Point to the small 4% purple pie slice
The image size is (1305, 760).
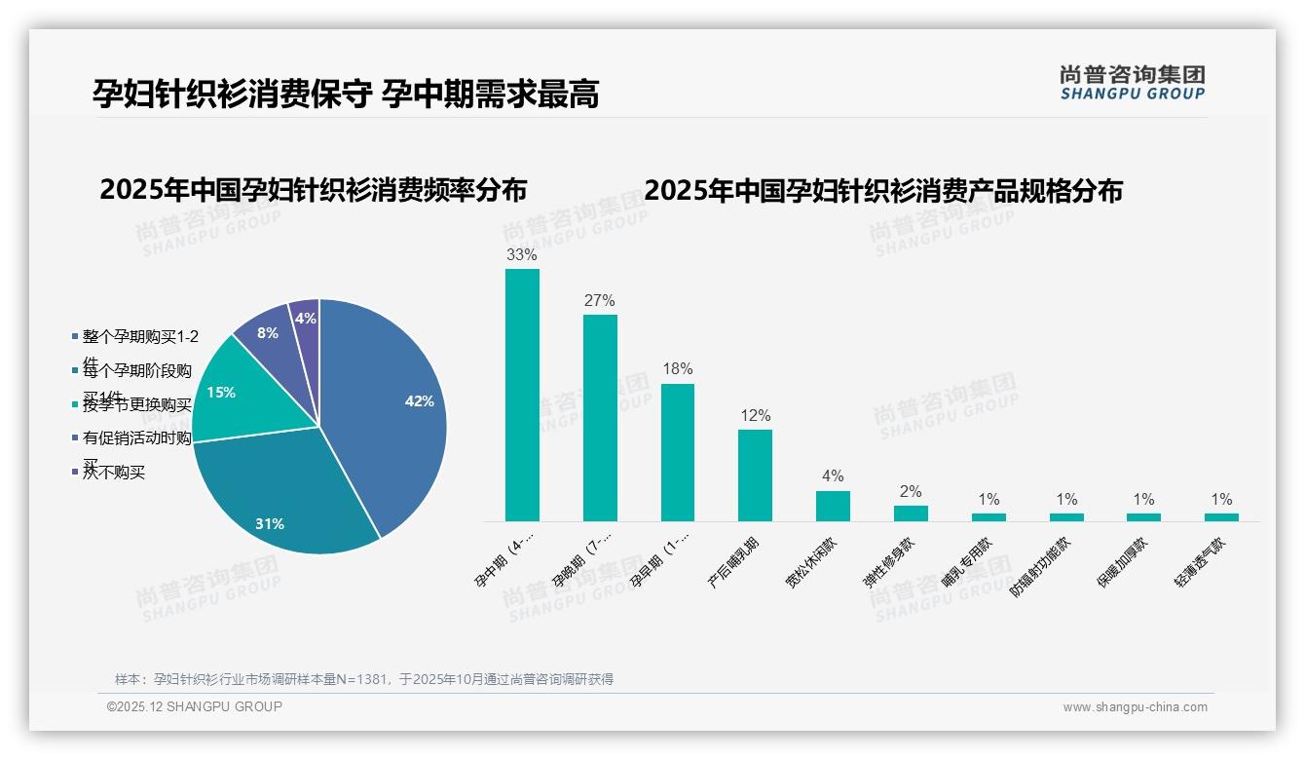click(x=306, y=320)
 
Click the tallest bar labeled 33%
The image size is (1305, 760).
click(x=522, y=395)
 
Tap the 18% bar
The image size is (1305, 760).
click(x=678, y=452)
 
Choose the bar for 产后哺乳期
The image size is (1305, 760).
click(x=755, y=475)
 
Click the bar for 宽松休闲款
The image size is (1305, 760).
click(x=833, y=506)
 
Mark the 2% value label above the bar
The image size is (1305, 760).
click(x=911, y=492)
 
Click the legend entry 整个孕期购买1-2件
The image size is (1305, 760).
click(x=140, y=337)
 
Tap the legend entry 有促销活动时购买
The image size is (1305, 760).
click(x=136, y=438)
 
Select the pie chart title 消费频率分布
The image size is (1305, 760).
click(x=313, y=190)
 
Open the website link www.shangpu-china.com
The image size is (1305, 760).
click(x=1135, y=707)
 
